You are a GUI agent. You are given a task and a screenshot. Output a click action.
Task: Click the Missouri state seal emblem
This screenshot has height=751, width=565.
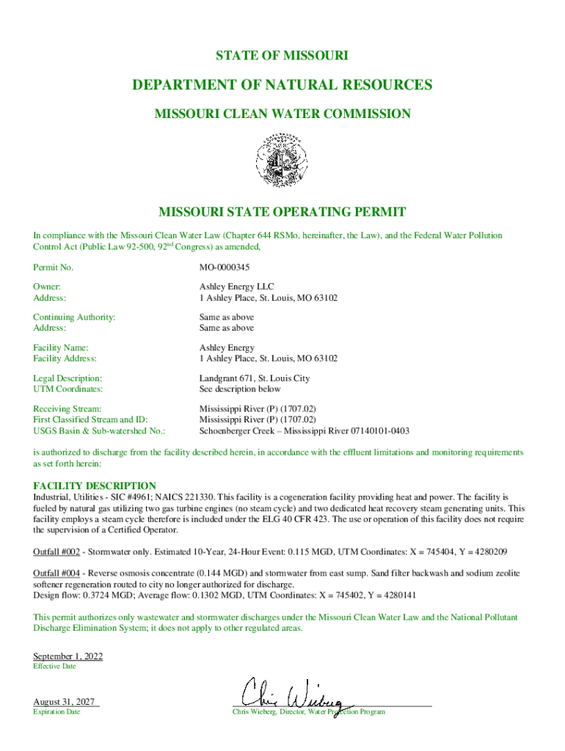pos(282,159)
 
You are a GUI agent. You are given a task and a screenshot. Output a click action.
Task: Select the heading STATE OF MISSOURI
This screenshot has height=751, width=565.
pos(282,56)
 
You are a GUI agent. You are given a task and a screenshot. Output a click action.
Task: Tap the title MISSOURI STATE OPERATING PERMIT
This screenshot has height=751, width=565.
pos(282,213)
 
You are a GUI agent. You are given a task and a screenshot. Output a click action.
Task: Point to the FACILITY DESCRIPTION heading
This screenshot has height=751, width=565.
pos(95,486)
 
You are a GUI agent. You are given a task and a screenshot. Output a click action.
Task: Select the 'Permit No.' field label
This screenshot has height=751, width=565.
pos(54,268)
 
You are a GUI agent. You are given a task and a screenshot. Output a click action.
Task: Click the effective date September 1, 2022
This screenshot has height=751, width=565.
pos(68,656)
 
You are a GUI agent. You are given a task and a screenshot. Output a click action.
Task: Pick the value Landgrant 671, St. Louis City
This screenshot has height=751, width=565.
pos(254,378)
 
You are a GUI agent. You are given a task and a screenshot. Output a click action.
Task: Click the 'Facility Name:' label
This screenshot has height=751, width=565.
pos(61,348)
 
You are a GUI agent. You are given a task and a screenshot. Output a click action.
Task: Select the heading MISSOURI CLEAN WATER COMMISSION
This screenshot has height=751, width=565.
pos(282,114)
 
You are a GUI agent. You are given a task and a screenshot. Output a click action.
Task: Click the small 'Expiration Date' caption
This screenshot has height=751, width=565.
pos(56,712)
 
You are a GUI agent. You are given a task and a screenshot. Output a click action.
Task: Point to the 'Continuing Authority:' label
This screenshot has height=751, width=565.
pos(75,317)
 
